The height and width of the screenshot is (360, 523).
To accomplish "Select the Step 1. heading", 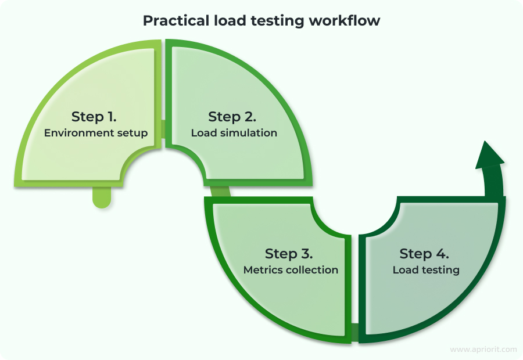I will click(x=95, y=116).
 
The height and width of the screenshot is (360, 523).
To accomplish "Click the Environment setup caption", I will click(x=96, y=133).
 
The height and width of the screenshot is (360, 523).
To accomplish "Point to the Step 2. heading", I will click(x=232, y=117).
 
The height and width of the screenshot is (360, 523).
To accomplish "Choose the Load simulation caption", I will click(x=234, y=133).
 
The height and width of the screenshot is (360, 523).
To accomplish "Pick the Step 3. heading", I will click(x=289, y=254).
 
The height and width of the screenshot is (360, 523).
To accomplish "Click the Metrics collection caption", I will click(x=291, y=270).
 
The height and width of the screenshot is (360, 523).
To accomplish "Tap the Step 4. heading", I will click(x=424, y=254).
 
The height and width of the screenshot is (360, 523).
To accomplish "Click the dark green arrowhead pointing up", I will click(x=489, y=156).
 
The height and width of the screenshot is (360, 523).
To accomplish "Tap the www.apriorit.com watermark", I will click(x=483, y=349).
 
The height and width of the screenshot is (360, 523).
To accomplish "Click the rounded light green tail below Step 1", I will click(x=101, y=197).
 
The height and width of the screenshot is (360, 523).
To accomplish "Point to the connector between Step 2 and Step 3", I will click(x=220, y=192).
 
